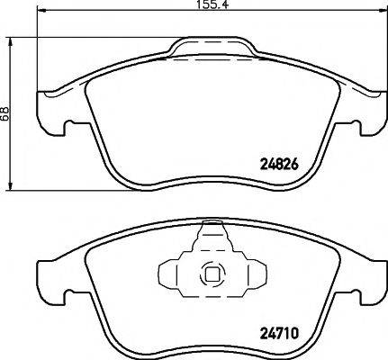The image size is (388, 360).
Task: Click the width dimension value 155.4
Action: coord(212,4)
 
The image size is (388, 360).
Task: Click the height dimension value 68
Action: coord(5,113)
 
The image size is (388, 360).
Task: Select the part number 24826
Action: coord(279,165)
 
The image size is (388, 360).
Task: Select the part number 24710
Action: coord(279,333)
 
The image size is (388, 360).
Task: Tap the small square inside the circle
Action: coord(212,274)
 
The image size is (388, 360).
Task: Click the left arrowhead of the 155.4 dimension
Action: coord(42,12)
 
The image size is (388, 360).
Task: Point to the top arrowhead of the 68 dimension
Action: coord(11,43)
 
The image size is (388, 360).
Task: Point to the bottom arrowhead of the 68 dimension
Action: coord(11,184)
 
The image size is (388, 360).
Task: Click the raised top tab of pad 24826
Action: coord(212,46)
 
